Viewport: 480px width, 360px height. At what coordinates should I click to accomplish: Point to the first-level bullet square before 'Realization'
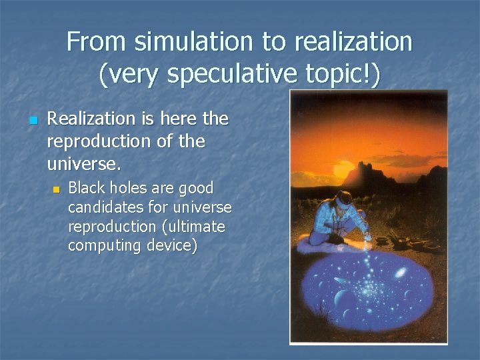pyautogui.click(x=32, y=121)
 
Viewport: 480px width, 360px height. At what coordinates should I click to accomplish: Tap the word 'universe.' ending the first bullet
pyautogui.click(x=77, y=163)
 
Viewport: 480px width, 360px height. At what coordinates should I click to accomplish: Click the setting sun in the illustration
pyautogui.click(x=341, y=169)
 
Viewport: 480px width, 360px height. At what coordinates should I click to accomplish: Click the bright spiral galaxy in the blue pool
pyautogui.click(x=401, y=273)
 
